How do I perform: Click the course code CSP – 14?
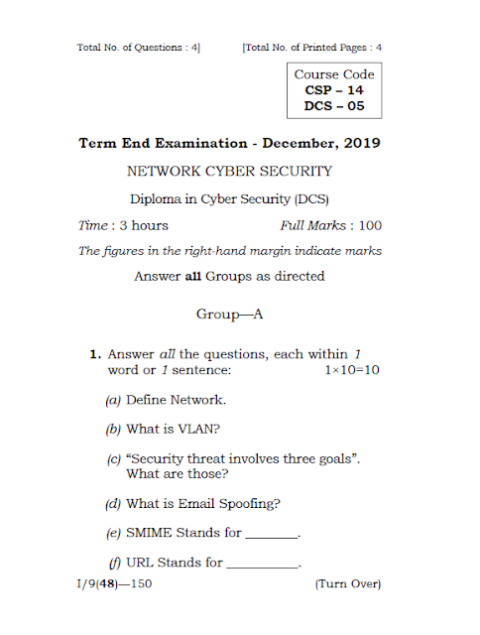click(x=334, y=89)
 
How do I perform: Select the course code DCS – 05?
click(x=334, y=105)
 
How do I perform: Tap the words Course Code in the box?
click(x=334, y=73)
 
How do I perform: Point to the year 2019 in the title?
click(x=362, y=144)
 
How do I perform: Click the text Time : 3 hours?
click(x=123, y=225)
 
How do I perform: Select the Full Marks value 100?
click(x=371, y=225)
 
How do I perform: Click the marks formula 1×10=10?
click(x=353, y=370)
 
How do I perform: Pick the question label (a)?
click(x=113, y=400)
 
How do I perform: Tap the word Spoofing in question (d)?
click(x=251, y=503)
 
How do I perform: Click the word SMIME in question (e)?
click(x=149, y=533)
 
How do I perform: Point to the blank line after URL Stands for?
click(x=263, y=565)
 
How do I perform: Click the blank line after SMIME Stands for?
click(x=271, y=536)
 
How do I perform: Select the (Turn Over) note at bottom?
click(x=348, y=584)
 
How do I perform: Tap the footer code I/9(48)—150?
click(x=114, y=584)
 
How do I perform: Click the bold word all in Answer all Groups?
click(x=194, y=276)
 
